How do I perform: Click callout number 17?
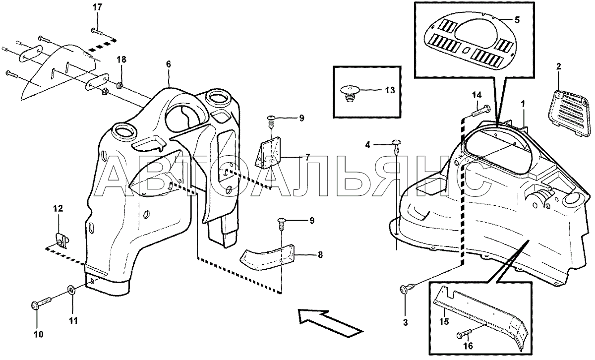pos(98,7)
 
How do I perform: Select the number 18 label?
pos(121,60)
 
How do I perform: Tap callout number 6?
pos(169,64)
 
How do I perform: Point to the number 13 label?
pos(390,91)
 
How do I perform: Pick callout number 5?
pos(517,20)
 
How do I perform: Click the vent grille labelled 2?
pos(569,114)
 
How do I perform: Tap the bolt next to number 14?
pos(481,111)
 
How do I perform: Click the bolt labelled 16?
pos(464,334)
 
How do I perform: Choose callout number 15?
pos(444,321)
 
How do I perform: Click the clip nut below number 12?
pos(61,241)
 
